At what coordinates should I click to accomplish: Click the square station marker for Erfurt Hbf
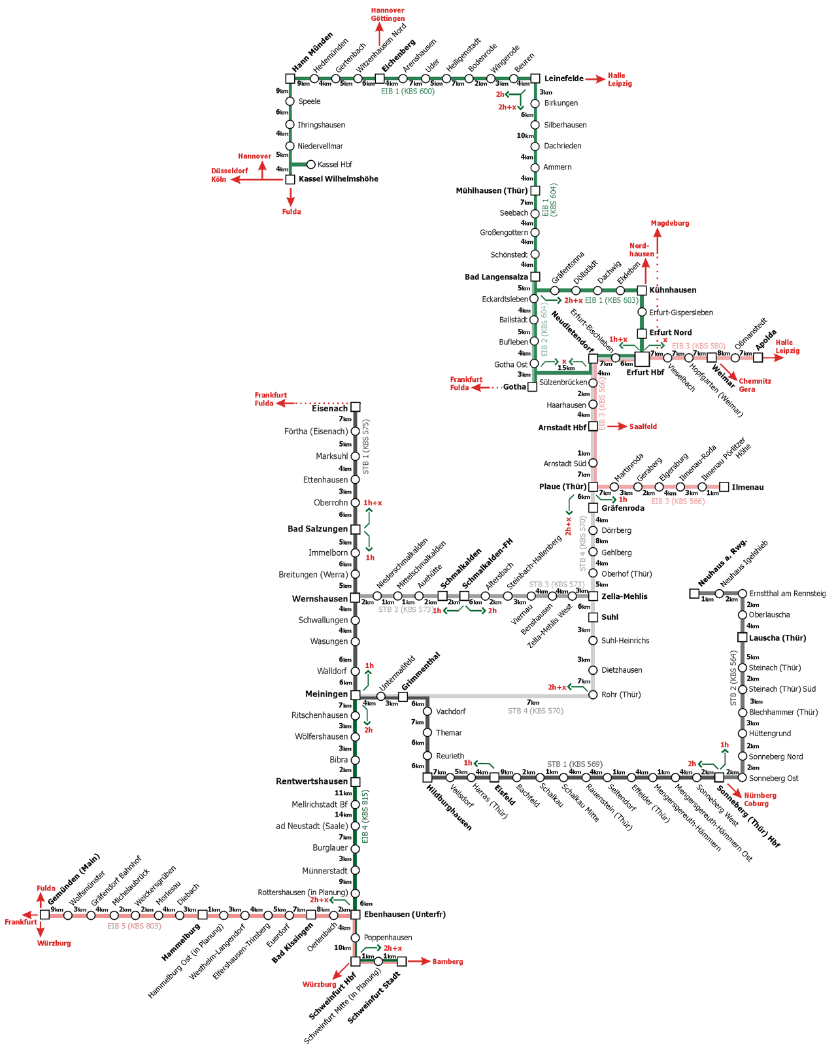click(x=642, y=358)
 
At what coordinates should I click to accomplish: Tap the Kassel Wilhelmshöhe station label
click(x=338, y=179)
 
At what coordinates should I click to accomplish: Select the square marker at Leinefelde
click(x=535, y=78)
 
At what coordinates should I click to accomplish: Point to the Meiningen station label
click(x=326, y=694)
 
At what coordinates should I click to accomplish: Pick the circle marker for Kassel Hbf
click(x=311, y=165)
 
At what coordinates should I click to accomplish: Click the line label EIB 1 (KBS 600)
click(x=408, y=92)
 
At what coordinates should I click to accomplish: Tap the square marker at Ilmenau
click(x=724, y=487)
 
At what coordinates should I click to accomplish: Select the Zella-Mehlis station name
click(x=624, y=596)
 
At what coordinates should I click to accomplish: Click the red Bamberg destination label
click(x=448, y=962)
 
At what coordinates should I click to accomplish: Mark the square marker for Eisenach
click(x=356, y=407)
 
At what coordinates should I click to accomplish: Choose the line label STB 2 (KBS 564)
click(x=733, y=678)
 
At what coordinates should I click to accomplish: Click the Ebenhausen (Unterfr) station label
click(x=405, y=915)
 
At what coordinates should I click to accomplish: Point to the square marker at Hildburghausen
click(x=427, y=778)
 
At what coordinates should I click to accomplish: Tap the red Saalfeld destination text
click(x=643, y=427)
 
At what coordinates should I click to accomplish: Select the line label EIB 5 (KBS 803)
click(x=134, y=926)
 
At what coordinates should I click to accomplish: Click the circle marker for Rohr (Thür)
click(x=593, y=695)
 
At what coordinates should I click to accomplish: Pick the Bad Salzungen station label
click(x=318, y=529)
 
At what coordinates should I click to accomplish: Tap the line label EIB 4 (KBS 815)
click(x=365, y=817)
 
